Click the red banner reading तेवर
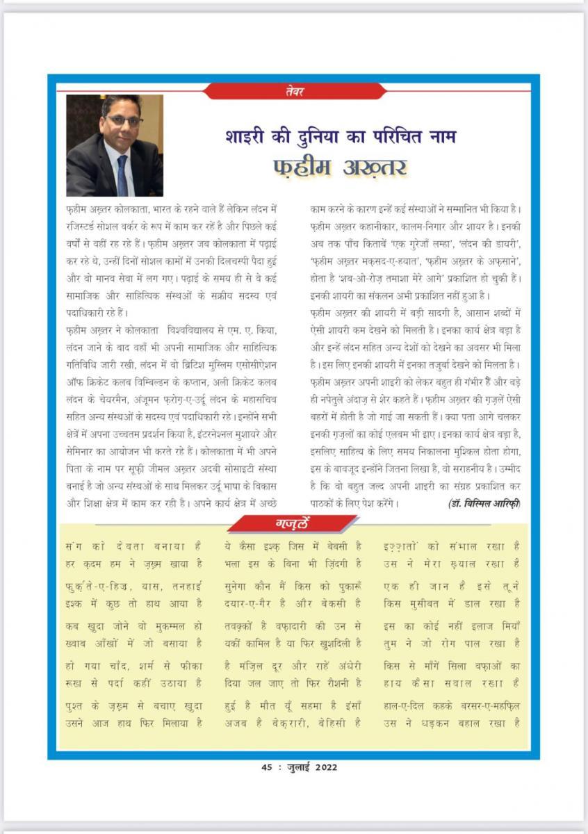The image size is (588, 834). (295, 91)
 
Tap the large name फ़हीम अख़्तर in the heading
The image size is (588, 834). (340, 167)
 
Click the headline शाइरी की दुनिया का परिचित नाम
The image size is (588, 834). (340, 135)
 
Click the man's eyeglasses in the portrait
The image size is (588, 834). (125, 120)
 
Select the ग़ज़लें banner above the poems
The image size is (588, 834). (293, 524)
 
